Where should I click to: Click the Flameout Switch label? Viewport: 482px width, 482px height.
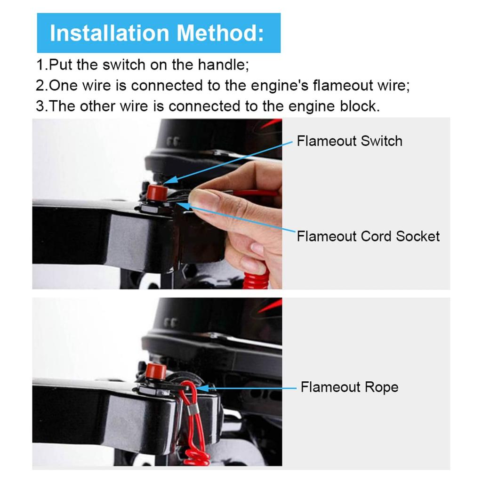coord(349,141)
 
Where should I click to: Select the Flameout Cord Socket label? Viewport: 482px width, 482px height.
coord(368,236)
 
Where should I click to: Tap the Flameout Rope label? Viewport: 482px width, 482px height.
coord(349,387)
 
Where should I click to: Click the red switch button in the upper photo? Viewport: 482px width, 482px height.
coord(154,192)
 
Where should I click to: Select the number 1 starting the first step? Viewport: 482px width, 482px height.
coord(40,64)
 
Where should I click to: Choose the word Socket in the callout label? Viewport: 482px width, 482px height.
coord(418,236)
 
